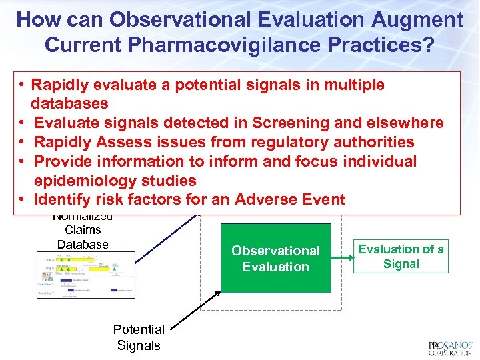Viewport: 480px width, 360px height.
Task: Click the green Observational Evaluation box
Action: pos(275,259)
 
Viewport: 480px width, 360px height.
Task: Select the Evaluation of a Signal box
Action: pos(401,257)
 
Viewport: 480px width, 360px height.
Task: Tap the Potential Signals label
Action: pos(139,337)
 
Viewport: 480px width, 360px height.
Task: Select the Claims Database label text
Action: pos(83,237)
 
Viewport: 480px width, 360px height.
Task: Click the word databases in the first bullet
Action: pos(69,103)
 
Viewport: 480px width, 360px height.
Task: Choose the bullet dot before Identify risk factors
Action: pos(23,199)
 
